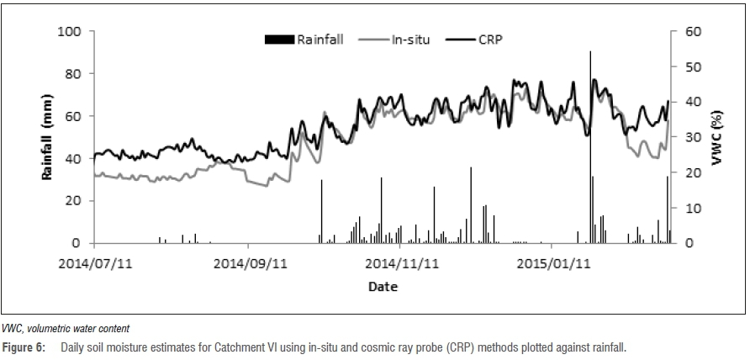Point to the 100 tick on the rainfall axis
tap(69, 32)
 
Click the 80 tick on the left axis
tap(72, 74)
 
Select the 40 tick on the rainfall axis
tap(72, 159)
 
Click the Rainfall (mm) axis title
tap(47, 137)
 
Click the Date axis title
tap(383, 287)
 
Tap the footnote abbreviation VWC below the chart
tap(12, 328)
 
